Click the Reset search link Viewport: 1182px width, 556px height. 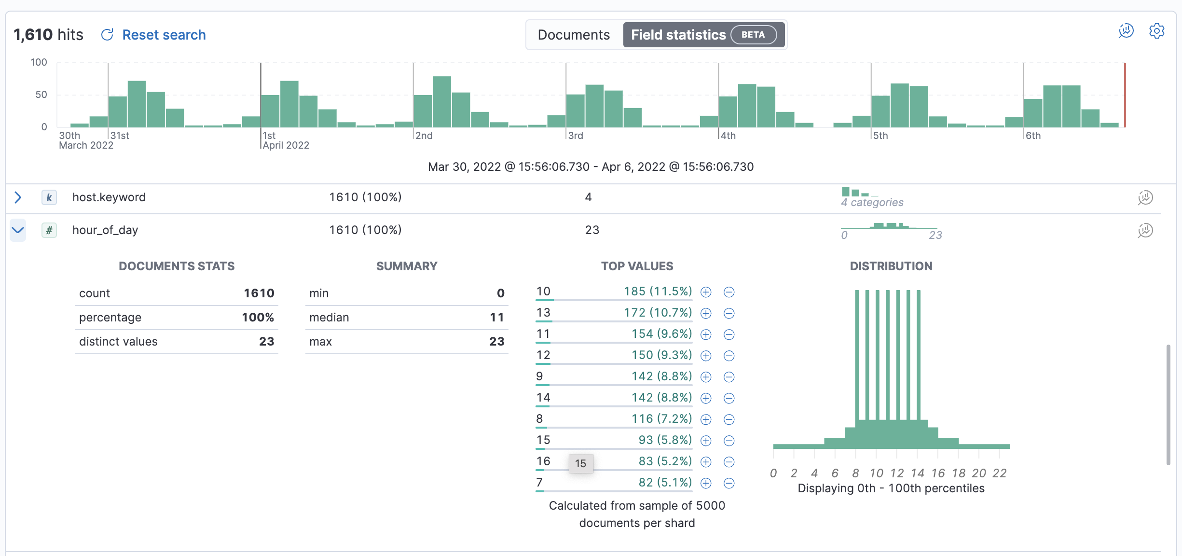click(x=163, y=35)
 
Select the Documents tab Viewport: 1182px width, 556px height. click(x=574, y=35)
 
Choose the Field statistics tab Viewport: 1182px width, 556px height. click(x=678, y=35)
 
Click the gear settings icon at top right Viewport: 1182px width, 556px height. click(x=1156, y=31)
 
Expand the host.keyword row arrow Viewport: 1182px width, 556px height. click(x=18, y=197)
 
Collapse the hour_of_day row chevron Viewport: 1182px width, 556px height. click(x=18, y=230)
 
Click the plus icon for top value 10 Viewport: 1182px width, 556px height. click(x=706, y=292)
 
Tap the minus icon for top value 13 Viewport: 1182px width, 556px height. click(x=729, y=313)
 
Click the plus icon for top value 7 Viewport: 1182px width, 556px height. click(x=706, y=483)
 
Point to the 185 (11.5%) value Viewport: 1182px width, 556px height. click(x=658, y=292)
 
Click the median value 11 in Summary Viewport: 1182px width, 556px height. click(x=496, y=318)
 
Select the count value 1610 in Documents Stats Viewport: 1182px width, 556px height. click(x=259, y=293)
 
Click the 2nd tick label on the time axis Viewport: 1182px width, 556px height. click(x=424, y=136)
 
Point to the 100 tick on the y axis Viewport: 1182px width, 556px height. click(x=39, y=62)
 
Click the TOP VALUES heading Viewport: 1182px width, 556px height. click(x=637, y=266)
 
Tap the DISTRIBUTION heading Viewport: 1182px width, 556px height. click(x=891, y=266)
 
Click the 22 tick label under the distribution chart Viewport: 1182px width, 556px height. click(x=999, y=473)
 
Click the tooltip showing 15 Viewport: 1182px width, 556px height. click(x=580, y=463)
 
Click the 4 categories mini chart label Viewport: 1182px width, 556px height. click(x=872, y=202)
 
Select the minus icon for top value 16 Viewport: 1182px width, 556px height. click(x=729, y=462)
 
